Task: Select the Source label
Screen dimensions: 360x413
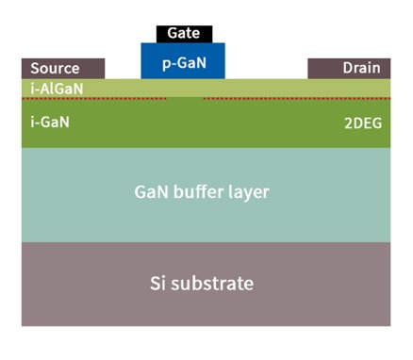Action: coord(55,69)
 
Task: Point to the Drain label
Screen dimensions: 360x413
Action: coord(362,69)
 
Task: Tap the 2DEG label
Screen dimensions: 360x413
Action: coord(363,123)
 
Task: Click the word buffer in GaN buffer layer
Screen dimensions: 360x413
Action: coord(199,192)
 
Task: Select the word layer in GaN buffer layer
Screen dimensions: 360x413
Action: coord(249,192)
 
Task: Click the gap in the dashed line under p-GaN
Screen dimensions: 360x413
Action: coord(185,97)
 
